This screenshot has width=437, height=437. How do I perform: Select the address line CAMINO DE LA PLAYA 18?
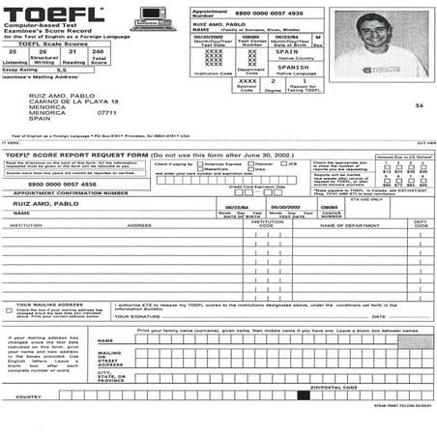[66, 102]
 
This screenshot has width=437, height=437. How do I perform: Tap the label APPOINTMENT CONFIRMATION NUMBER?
[70, 192]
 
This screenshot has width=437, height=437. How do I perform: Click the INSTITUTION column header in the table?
[26, 225]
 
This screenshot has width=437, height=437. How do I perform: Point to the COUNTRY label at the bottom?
[29, 397]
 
